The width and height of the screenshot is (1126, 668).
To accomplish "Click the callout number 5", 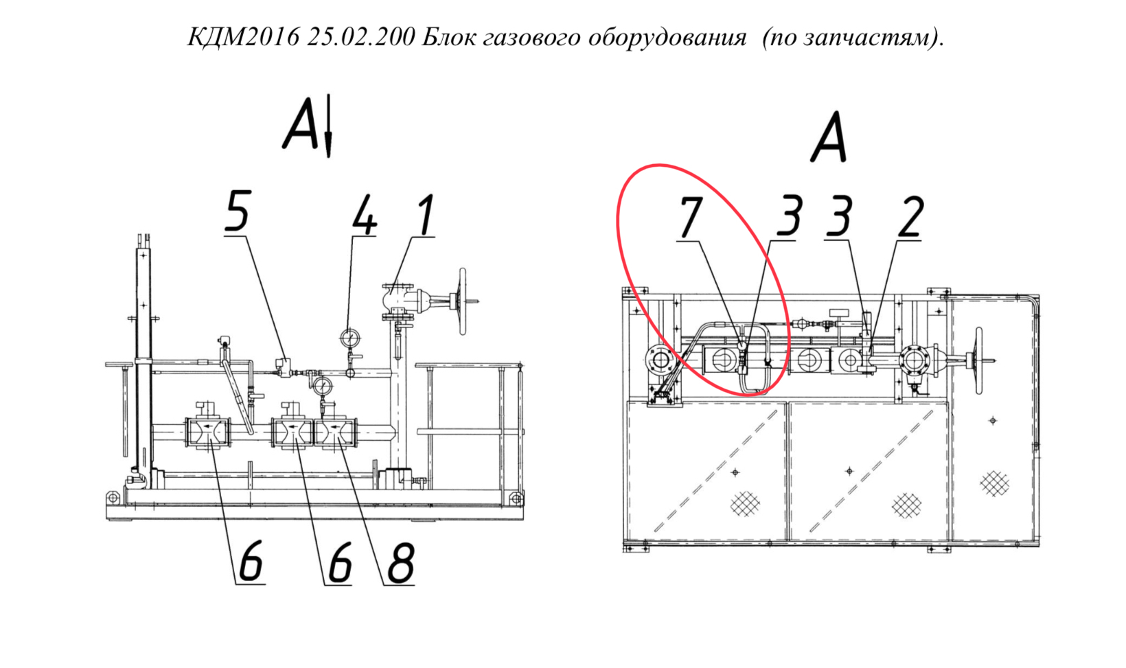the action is click(238, 211).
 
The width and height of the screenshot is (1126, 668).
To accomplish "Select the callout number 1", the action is click(426, 215).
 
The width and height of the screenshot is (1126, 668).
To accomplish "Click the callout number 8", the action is click(401, 562).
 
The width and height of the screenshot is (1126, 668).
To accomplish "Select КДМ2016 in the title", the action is click(243, 37).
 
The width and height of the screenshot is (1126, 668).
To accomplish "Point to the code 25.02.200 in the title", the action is click(361, 37).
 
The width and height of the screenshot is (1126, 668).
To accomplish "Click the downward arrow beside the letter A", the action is click(328, 126).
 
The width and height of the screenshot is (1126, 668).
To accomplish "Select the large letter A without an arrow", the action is click(829, 137).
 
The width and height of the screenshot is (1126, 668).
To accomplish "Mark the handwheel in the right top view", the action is click(978, 360).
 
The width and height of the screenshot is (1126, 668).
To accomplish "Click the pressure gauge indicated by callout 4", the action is click(350, 338).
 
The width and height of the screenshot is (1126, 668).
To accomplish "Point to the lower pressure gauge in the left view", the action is click(322, 386).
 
